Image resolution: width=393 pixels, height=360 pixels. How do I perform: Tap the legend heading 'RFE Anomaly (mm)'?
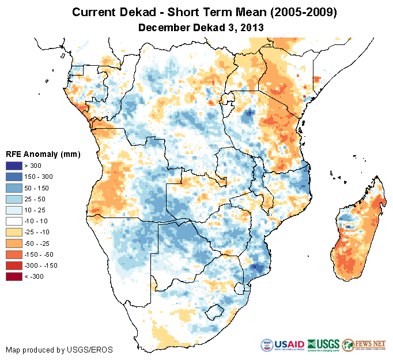43,154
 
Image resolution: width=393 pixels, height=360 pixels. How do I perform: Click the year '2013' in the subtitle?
251,27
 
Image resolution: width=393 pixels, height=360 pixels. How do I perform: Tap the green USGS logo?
323,345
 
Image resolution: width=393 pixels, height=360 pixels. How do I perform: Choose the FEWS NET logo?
364,345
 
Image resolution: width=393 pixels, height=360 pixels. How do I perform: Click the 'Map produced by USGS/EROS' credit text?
59,350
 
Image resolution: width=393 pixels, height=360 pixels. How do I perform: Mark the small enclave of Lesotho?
214,312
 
